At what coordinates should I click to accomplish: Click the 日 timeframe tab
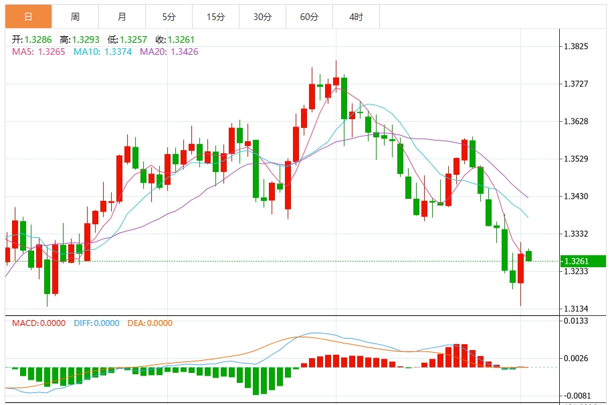pyautogui.click(x=28, y=17)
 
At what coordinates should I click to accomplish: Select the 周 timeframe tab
pyautogui.click(x=75, y=17)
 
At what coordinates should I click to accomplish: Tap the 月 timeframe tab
pyautogui.click(x=122, y=17)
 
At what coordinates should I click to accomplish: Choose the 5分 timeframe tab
pyautogui.click(x=169, y=17)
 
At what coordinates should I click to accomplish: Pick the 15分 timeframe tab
pyautogui.click(x=215, y=17)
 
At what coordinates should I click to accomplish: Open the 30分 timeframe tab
pyautogui.click(x=262, y=17)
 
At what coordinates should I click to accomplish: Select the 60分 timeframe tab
pyautogui.click(x=309, y=17)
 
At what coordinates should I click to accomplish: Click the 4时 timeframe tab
pyautogui.click(x=356, y=17)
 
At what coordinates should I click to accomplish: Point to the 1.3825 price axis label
pyautogui.click(x=576, y=46)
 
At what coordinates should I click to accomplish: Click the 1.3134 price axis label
pyautogui.click(x=576, y=309)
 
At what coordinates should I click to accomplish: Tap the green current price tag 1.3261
pyautogui.click(x=581, y=261)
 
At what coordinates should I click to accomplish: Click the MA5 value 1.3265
pyautogui.click(x=52, y=52)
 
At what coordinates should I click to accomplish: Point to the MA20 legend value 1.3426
pyautogui.click(x=184, y=52)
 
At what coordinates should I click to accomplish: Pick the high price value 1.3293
pyautogui.click(x=86, y=40)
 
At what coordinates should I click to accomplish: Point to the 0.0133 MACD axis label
pyautogui.click(x=576, y=321)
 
